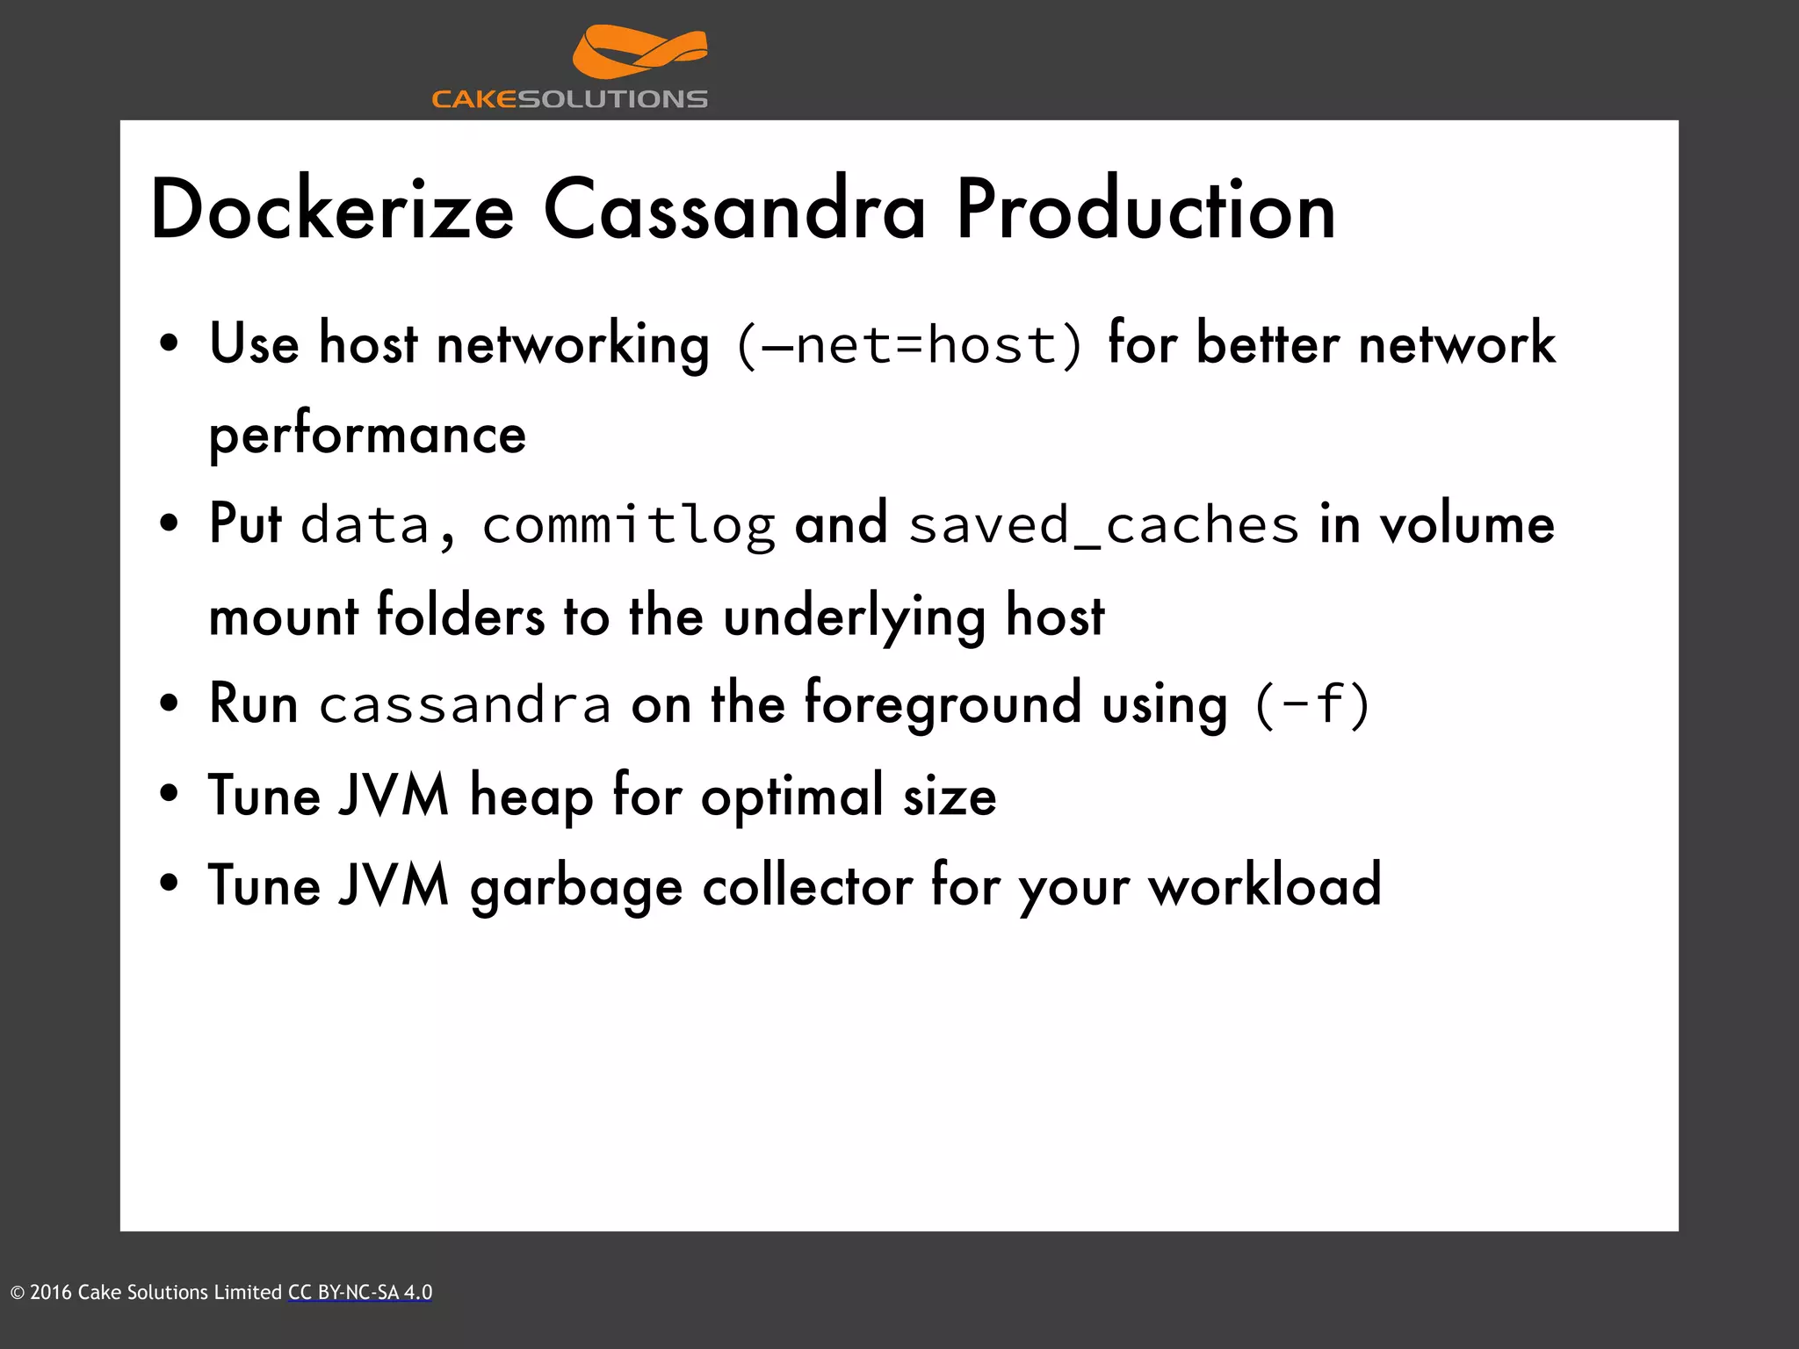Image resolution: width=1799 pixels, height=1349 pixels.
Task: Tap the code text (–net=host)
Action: (x=909, y=344)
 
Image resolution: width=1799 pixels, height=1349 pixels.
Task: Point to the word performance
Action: (x=367, y=435)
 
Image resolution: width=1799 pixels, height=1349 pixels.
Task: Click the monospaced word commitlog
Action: (x=628, y=525)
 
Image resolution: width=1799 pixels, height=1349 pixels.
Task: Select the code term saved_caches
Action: (x=1103, y=525)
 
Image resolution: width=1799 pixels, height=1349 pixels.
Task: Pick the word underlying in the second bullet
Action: (x=854, y=617)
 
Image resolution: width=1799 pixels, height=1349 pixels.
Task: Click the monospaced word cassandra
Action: (x=465, y=705)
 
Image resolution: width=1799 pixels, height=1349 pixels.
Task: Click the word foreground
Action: (x=943, y=705)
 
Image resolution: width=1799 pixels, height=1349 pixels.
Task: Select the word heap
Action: (x=531, y=797)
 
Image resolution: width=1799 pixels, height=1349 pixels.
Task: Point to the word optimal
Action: (x=791, y=797)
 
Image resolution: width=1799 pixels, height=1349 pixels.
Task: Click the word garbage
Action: (x=576, y=887)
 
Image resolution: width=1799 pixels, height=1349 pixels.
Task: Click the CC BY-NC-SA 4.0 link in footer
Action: (x=360, y=1292)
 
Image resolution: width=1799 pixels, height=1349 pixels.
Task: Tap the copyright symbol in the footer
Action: (x=17, y=1293)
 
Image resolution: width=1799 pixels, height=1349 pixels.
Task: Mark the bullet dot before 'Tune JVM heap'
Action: (x=170, y=794)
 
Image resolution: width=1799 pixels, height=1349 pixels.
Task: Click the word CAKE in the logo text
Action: (x=474, y=99)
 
